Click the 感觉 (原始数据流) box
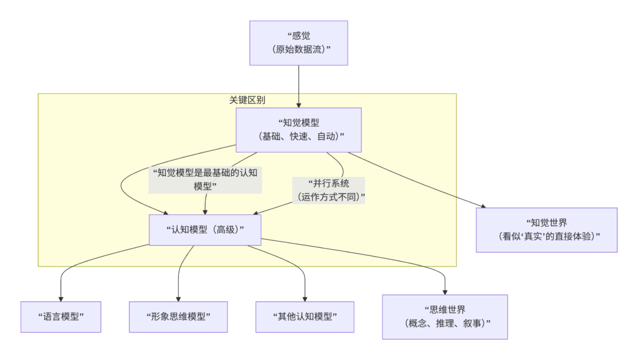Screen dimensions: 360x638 tap(298, 43)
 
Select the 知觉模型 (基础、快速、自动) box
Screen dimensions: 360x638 tap(298, 130)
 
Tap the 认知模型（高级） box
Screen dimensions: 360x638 tap(205, 230)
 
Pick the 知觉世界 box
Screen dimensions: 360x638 tap(546, 230)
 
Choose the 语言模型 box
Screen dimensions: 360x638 tap(60, 317)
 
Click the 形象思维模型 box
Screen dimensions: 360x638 tap(178, 317)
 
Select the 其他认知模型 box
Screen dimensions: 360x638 tap(305, 317)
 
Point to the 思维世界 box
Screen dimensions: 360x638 tap(444, 317)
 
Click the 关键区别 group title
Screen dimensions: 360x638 tap(247, 100)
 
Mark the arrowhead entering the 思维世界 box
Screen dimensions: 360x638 tap(445, 291)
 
